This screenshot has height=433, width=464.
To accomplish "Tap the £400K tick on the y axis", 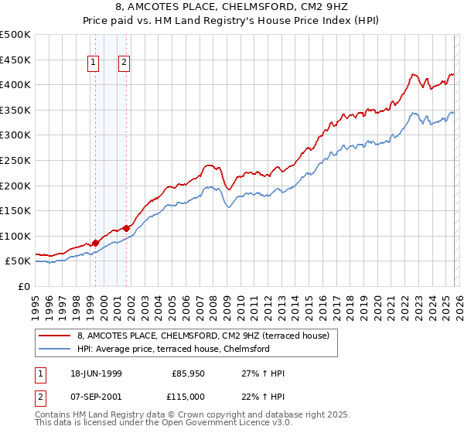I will click(x=15, y=85).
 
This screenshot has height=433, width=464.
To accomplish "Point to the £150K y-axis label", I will click(x=15, y=210).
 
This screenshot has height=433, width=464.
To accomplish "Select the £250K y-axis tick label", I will click(x=15, y=160).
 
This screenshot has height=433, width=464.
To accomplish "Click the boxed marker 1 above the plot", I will click(x=94, y=64).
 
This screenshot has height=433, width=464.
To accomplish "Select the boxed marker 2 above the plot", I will click(x=124, y=64).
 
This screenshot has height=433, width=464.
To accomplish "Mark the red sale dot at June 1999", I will click(x=96, y=243).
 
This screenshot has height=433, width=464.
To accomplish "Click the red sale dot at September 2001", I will click(x=126, y=228).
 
